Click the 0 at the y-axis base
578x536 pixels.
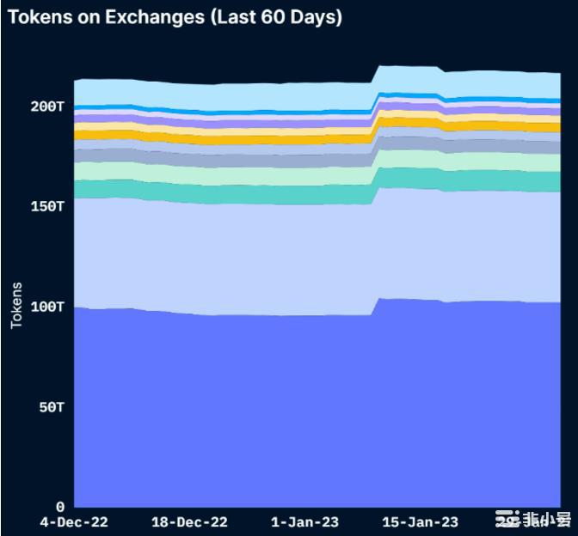(61, 507)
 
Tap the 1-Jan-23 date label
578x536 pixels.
(305, 522)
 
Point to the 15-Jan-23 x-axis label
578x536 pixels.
(420, 522)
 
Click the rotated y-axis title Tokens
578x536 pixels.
(17, 305)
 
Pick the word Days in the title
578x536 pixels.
(312, 16)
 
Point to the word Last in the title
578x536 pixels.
(226, 16)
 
